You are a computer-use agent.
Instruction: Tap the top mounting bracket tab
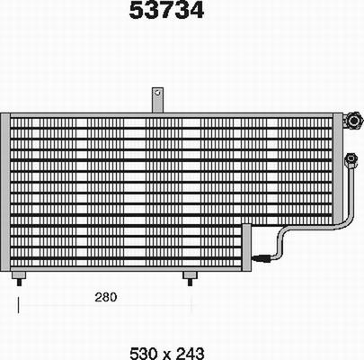156,100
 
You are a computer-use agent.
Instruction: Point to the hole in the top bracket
156,93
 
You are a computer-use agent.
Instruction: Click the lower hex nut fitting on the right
351,160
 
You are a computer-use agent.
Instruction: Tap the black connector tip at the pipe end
262,257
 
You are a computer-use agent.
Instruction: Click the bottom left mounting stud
19,278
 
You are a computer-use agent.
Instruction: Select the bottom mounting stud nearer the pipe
189,277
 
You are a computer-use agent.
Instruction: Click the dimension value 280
106,297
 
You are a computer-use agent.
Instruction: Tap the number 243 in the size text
188,351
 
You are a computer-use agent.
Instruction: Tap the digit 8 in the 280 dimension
106,297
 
